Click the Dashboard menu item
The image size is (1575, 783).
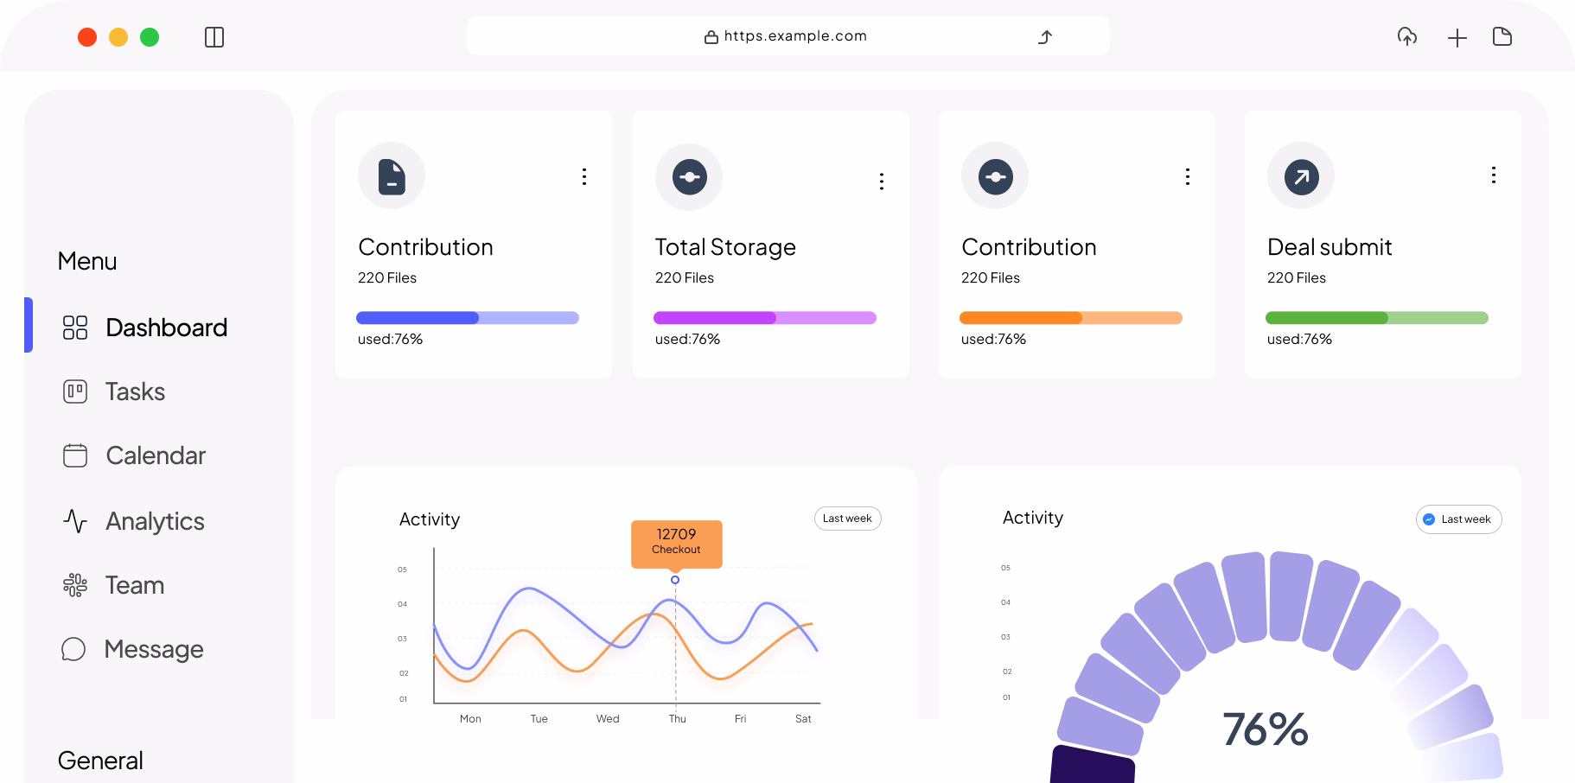(x=166, y=328)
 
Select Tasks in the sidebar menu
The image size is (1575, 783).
(x=135, y=391)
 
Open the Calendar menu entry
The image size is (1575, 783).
(x=156, y=455)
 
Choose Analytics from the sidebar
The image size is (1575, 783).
(x=155, y=521)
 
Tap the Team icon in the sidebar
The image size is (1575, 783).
(x=75, y=585)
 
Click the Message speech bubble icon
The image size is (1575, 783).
(x=74, y=649)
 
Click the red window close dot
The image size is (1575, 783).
(x=87, y=37)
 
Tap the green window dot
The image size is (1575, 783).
(x=150, y=37)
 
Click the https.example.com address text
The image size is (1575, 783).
(x=794, y=36)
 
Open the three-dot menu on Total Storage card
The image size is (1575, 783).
(x=882, y=181)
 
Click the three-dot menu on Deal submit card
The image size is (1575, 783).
(x=1494, y=175)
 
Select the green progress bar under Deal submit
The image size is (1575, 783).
(x=1376, y=318)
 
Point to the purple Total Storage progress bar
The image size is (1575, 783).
(x=764, y=318)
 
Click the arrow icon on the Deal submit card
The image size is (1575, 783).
(x=1301, y=176)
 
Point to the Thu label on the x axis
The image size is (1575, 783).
(x=678, y=719)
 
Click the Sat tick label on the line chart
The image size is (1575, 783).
(x=803, y=719)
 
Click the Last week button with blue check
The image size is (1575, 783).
(x=1458, y=519)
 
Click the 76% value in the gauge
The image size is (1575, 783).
(x=1265, y=729)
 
